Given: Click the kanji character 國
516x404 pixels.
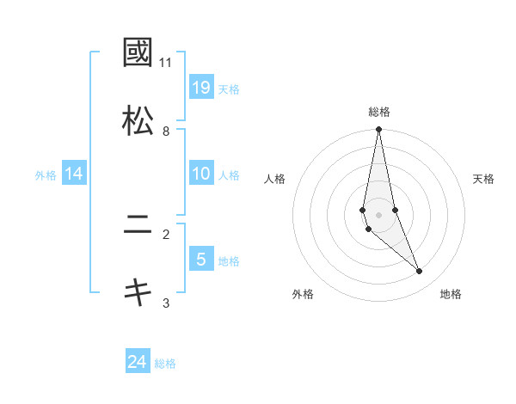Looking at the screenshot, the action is tap(138, 53).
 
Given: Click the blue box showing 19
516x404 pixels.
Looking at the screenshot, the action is tap(201, 87).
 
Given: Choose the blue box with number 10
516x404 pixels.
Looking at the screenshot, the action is tap(201, 174).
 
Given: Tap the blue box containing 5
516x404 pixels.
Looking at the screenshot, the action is tap(201, 260).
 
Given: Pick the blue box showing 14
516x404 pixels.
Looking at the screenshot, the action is tap(74, 174).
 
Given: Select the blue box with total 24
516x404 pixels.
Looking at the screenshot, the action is tap(138, 363).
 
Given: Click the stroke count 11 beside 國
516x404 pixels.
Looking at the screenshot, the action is tap(166, 63).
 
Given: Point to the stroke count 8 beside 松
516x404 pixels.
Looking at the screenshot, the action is tap(166, 132).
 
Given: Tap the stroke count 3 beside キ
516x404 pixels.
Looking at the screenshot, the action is tap(166, 303).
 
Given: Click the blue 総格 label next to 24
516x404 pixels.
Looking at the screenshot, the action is tap(166, 364).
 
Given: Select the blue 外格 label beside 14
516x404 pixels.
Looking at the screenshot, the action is tap(46, 174).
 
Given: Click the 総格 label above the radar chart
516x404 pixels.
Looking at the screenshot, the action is tap(379, 112).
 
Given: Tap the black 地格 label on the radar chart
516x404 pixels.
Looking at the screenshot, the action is tap(451, 294).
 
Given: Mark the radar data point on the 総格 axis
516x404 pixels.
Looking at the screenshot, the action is tap(379, 130).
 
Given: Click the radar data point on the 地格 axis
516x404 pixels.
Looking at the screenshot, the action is tap(420, 272).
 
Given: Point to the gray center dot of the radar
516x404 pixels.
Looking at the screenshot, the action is tap(379, 214).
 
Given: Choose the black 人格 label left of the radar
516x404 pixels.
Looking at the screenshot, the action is tap(275, 179).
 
